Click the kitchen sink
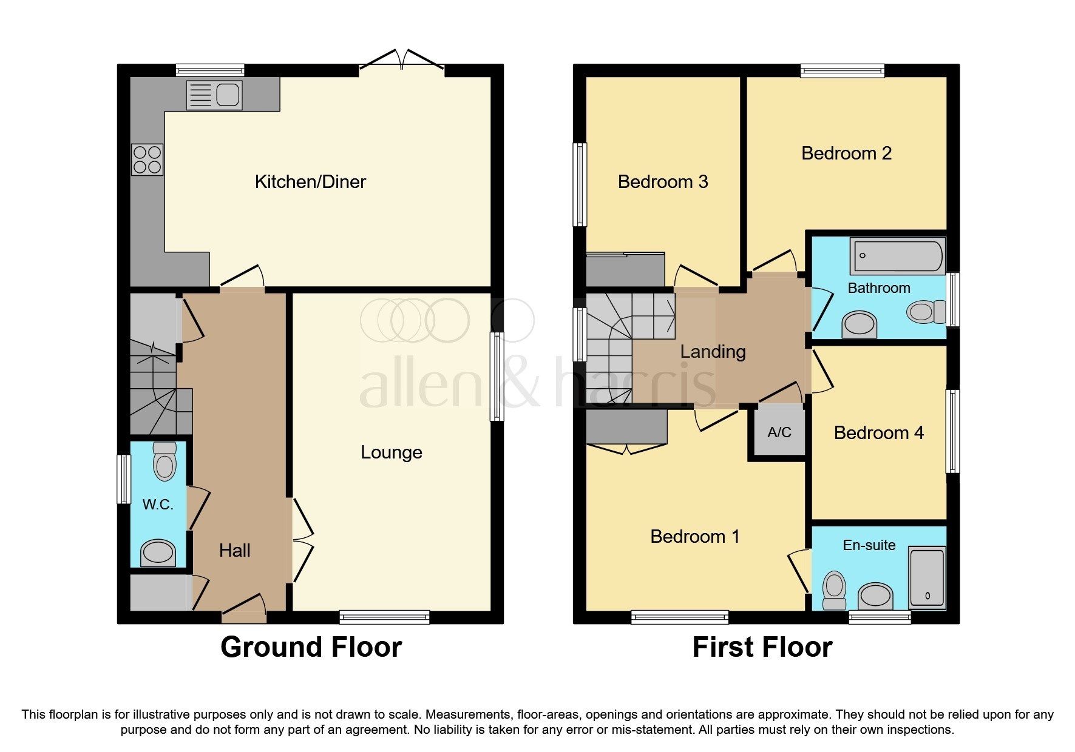pos(214,95)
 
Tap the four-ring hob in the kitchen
pos(147,159)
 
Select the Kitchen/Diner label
pos(310,182)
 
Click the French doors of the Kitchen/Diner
pos(401,60)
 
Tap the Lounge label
pos(392,452)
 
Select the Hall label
pos(234,551)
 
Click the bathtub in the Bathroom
pos(897,256)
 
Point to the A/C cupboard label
pos(779,432)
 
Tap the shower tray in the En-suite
pos(927,578)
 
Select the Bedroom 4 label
pos(878,433)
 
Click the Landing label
pos(713,352)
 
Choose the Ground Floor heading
pos(311,647)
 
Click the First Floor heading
pos(762,647)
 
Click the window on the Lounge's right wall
pos(497,376)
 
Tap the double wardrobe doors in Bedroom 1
pos(626,449)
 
